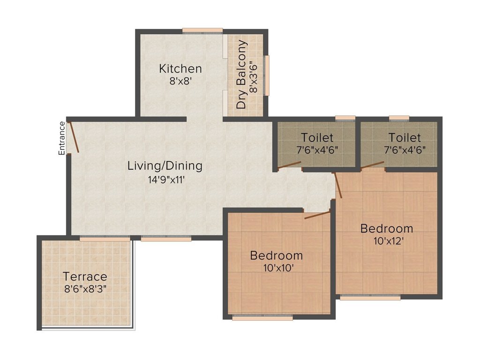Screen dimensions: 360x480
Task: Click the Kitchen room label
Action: click(180, 68)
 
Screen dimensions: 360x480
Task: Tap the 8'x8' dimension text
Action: click(180, 81)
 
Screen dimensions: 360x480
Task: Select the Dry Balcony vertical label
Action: click(241, 75)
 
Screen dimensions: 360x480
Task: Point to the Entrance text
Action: click(61, 138)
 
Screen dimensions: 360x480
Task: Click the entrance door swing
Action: click(73, 137)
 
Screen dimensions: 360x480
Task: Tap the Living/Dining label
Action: click(165, 165)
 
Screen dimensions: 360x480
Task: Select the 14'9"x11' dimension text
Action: click(165, 178)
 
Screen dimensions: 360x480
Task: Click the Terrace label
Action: click(85, 276)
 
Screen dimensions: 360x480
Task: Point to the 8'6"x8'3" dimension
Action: click(85, 288)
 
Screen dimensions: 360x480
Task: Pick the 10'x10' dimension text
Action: click(276, 268)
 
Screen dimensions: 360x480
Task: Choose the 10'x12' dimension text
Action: click(386, 241)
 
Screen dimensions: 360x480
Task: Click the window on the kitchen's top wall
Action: click(202, 31)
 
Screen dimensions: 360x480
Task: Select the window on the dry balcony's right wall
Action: click(267, 75)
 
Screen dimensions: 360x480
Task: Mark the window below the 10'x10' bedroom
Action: click(262, 317)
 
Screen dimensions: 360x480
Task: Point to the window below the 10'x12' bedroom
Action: click(370, 297)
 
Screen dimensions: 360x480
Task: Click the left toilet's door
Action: click(289, 165)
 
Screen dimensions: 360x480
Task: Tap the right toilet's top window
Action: click(399, 118)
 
